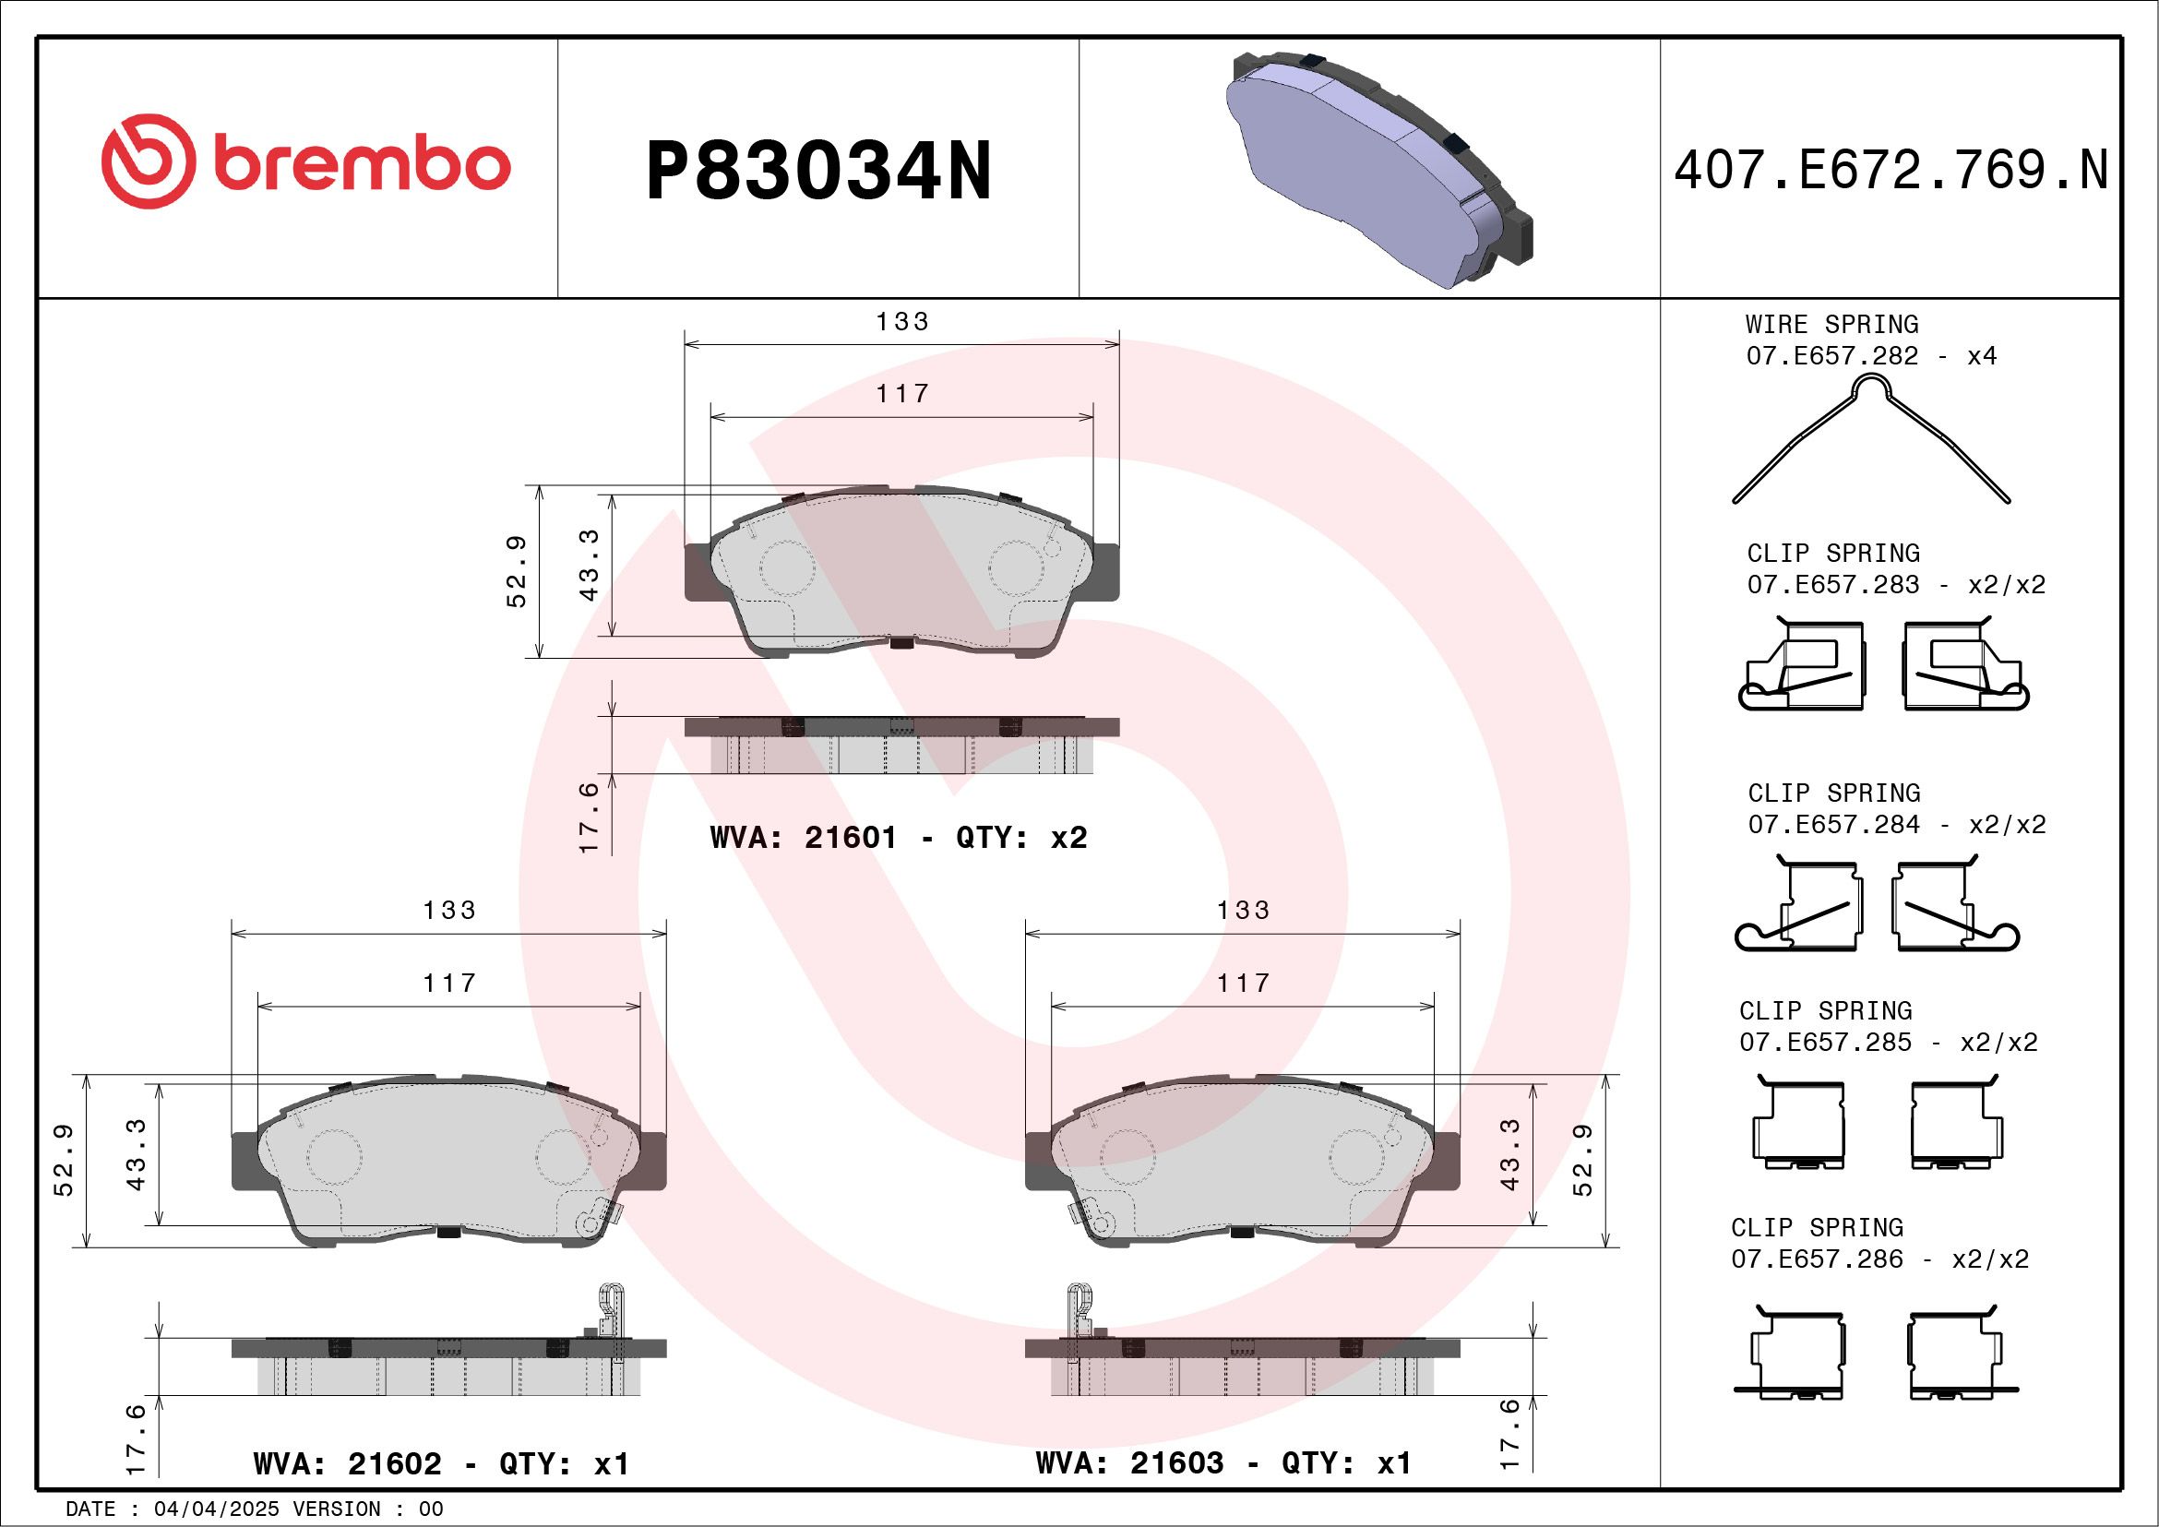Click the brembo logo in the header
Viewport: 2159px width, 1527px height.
305,161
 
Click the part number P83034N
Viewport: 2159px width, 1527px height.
819,171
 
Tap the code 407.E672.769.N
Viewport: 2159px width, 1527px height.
1891,170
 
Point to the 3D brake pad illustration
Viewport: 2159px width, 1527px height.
1378,168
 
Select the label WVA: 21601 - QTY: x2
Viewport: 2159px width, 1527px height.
898,837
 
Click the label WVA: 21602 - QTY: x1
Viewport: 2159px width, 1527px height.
441,1464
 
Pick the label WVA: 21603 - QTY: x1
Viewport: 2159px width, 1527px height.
1223,1463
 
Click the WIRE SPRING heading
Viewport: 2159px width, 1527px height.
1831,325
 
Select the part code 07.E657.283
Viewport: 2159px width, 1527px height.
1832,585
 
